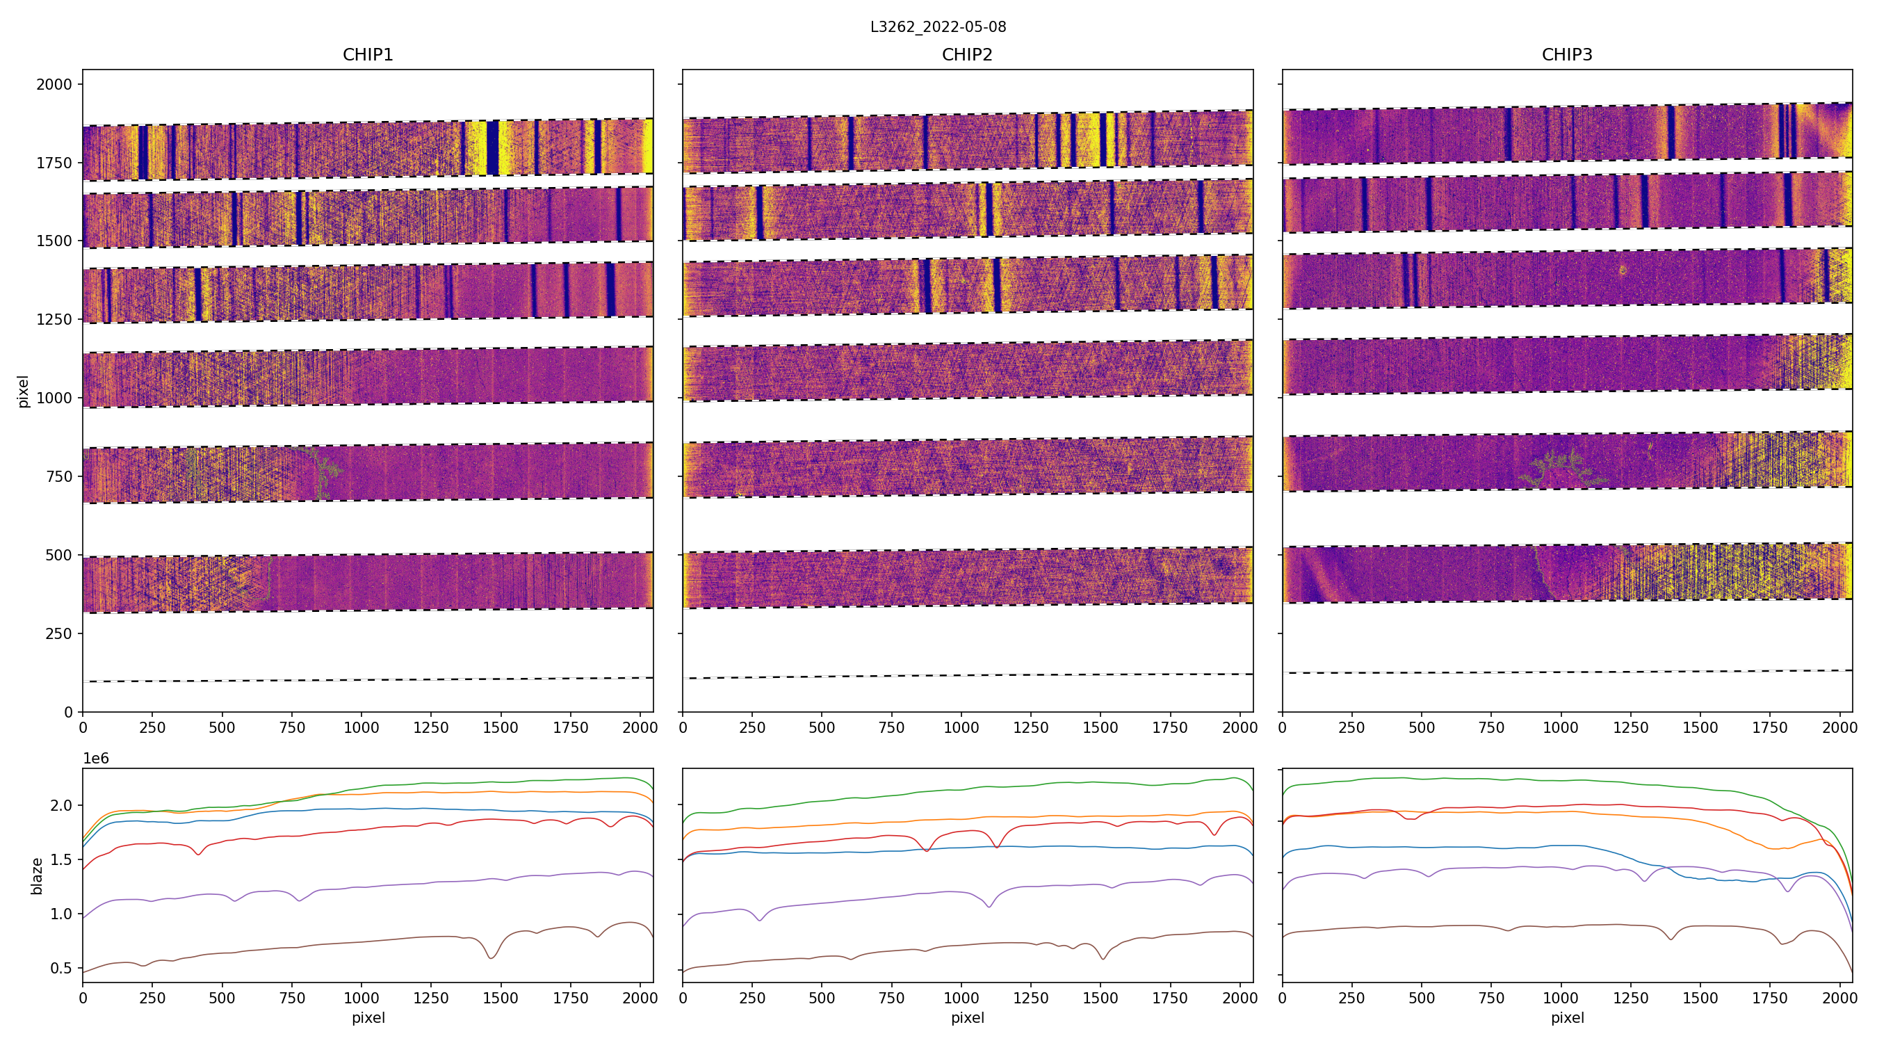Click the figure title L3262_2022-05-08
pyautogui.click(x=938, y=27)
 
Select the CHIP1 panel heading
pyautogui.click(x=368, y=55)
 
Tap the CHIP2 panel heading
pyautogui.click(x=967, y=55)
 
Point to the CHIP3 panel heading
pyautogui.click(x=1566, y=55)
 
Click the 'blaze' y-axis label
pyautogui.click(x=36, y=875)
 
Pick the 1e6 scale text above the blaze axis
pyautogui.click(x=95, y=759)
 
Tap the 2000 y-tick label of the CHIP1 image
pyautogui.click(x=55, y=85)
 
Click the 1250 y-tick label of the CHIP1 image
pyautogui.click(x=55, y=319)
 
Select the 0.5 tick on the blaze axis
pyautogui.click(x=62, y=968)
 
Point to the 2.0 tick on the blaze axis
pyautogui.click(x=62, y=805)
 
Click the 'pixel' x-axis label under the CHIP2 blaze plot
pyautogui.click(x=967, y=1017)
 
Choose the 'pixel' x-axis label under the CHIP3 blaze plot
pyautogui.click(x=1566, y=1017)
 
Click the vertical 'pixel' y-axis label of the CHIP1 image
pyautogui.click(x=24, y=391)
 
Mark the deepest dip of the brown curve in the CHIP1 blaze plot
pyautogui.click(x=491, y=957)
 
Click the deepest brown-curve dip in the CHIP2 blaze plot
pyautogui.click(x=1103, y=957)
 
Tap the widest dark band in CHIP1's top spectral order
pyautogui.click(x=493, y=148)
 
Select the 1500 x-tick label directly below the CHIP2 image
pyautogui.click(x=1100, y=727)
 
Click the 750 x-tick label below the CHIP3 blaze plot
pyautogui.click(x=1490, y=998)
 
